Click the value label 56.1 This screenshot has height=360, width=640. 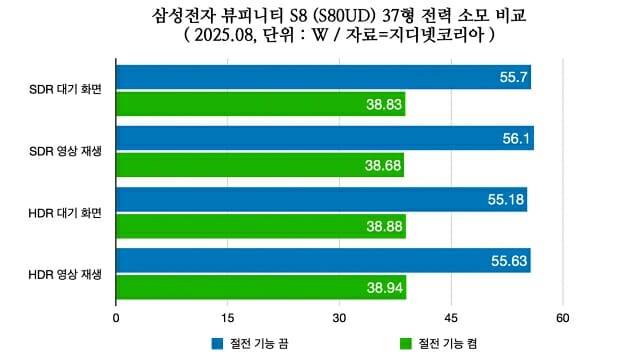point(516,139)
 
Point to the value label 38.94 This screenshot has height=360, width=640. point(384,288)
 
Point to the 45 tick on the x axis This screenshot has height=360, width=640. point(451,318)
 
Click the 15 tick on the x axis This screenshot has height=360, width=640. point(228,318)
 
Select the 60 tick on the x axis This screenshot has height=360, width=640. point(563,318)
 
